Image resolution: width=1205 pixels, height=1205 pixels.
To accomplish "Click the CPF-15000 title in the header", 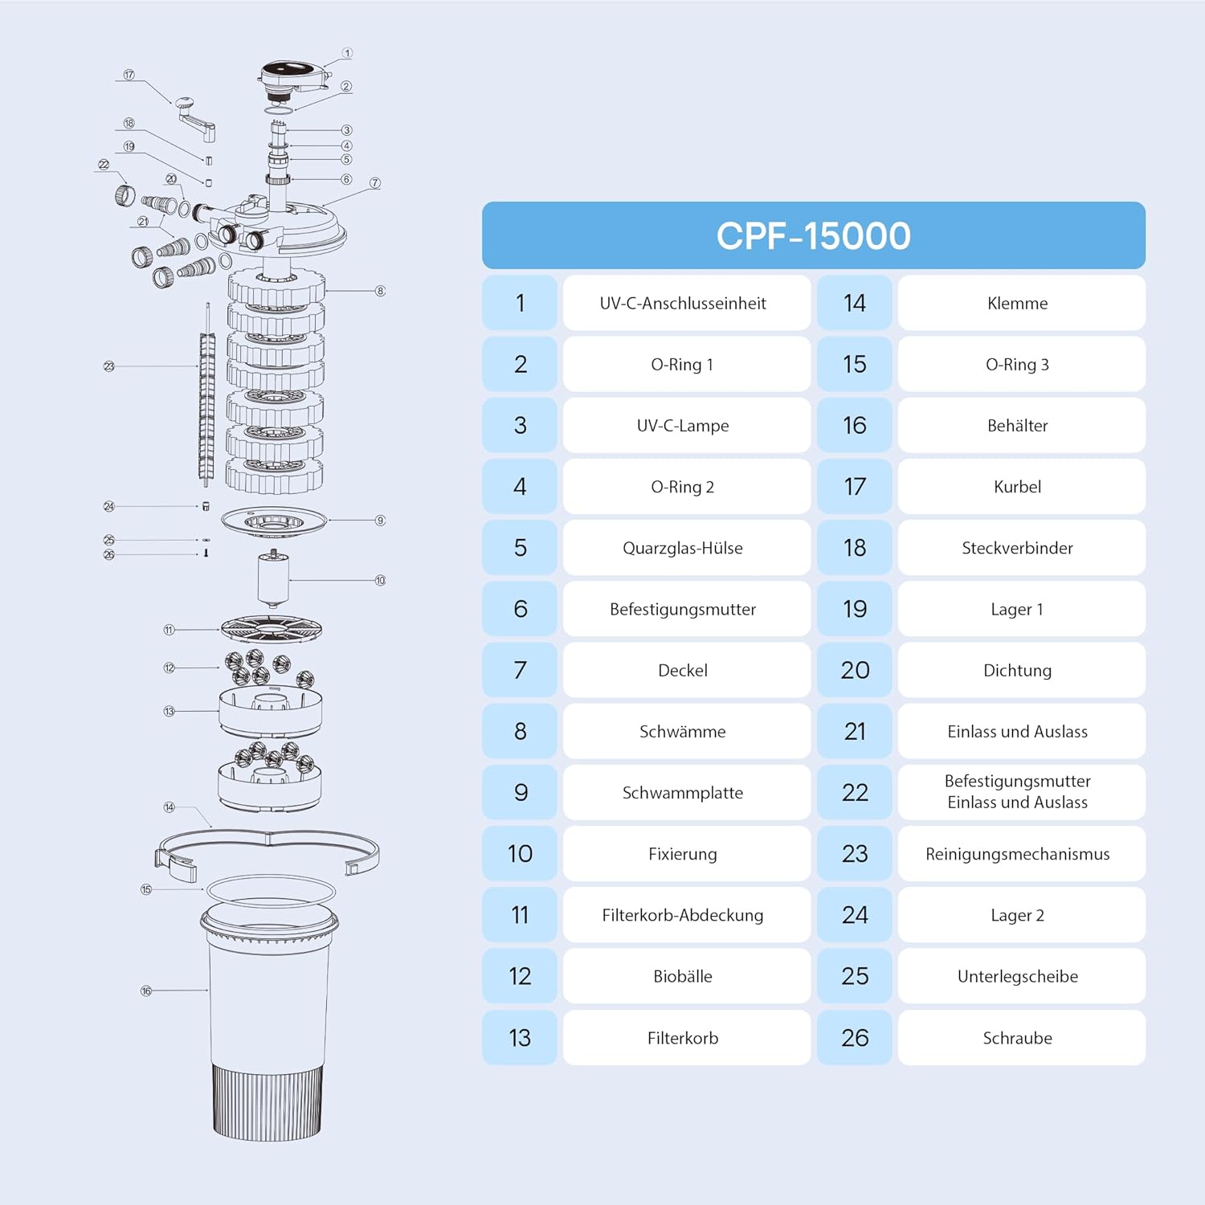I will pyautogui.click(x=813, y=235).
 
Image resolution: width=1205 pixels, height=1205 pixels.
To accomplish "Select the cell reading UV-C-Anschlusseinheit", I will pyautogui.click(x=683, y=303).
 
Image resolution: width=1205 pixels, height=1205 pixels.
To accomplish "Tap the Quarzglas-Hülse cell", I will pyautogui.click(x=683, y=548).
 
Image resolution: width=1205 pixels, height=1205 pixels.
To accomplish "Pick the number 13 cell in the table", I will pyautogui.click(x=520, y=1038).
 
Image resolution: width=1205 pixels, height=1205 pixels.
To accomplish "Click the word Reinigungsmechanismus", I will pyautogui.click(x=1017, y=854).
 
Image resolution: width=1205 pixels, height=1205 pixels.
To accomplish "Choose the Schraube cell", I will pyautogui.click(x=1017, y=1038).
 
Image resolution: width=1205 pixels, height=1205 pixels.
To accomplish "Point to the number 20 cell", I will pyautogui.click(x=855, y=670).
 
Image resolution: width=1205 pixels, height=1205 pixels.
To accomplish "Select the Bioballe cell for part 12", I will pyautogui.click(x=683, y=976).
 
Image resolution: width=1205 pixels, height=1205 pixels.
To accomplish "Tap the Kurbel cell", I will pyautogui.click(x=1017, y=487).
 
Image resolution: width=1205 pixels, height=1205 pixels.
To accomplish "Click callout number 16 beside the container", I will pyautogui.click(x=146, y=991).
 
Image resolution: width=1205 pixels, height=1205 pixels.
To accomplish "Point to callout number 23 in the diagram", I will pyautogui.click(x=109, y=366).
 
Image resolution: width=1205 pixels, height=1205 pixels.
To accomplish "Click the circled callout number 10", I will pyautogui.click(x=380, y=580).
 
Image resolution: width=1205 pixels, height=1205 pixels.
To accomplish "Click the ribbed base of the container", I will pyautogui.click(x=268, y=1101).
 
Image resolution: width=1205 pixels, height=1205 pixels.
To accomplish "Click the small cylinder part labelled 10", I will pyautogui.click(x=273, y=578).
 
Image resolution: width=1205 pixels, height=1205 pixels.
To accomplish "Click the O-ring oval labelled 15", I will pyautogui.click(x=271, y=889).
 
